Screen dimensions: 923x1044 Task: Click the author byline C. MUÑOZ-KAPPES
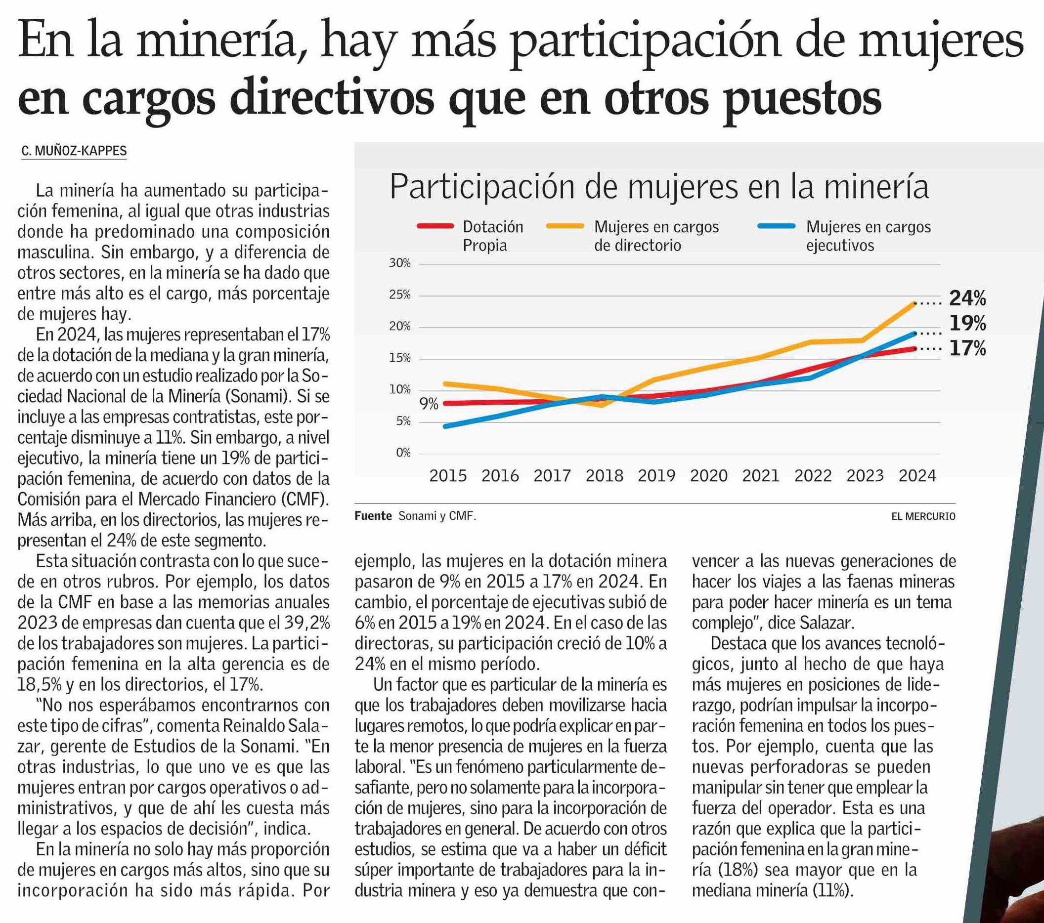[74, 151]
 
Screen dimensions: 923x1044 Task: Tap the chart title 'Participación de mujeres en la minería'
[659, 187]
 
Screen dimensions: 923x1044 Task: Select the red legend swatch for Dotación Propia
[435, 226]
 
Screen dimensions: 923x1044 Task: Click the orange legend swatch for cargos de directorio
[565, 226]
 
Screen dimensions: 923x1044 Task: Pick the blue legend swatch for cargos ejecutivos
[777, 226]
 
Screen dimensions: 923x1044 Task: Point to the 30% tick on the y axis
[400, 263]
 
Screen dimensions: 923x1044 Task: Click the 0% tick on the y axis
[403, 453]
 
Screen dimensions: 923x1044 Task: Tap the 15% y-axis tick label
[400, 358]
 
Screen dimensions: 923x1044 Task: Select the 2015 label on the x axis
[448, 476]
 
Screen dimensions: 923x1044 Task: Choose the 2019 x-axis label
[656, 476]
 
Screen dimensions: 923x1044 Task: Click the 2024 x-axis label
[917, 476]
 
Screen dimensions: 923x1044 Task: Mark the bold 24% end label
[967, 298]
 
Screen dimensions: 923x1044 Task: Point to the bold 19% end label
[967, 324]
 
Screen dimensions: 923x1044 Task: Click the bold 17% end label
[967, 349]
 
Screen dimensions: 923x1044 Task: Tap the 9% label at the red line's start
[429, 404]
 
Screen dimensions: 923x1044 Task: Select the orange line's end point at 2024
[915, 303]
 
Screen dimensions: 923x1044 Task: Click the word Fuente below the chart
[373, 516]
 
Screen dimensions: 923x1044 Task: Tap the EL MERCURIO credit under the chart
[923, 517]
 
